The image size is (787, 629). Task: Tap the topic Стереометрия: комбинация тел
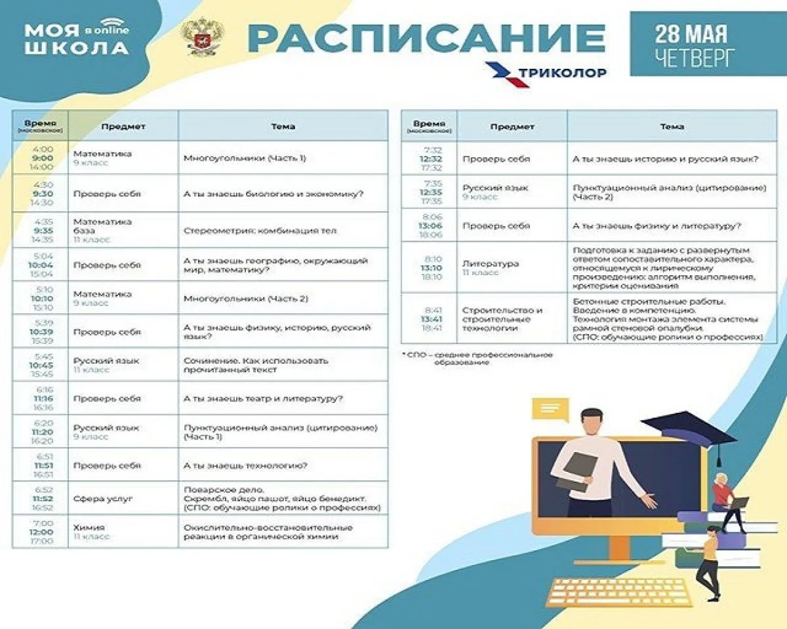(260, 231)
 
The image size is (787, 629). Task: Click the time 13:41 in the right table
(432, 318)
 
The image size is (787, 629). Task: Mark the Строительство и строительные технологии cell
(502, 318)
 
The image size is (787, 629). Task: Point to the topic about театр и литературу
(264, 398)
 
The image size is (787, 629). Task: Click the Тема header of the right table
(672, 126)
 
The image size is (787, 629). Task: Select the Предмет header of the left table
(123, 126)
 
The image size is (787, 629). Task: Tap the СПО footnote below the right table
(477, 358)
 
